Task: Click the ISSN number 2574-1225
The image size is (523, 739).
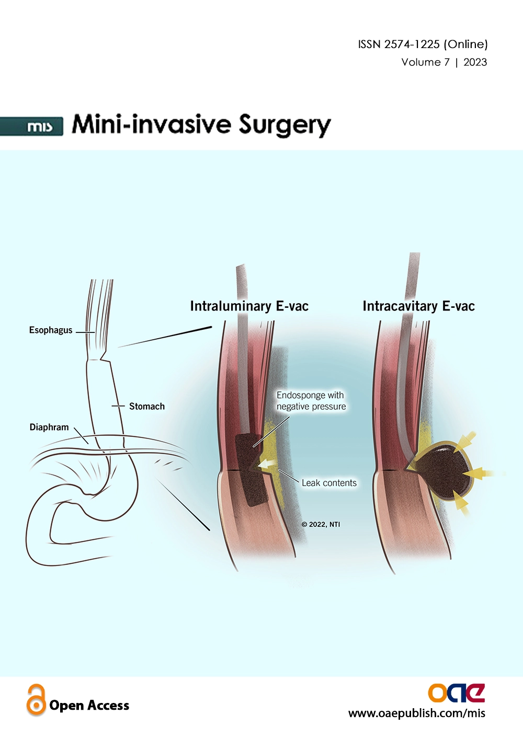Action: pos(412,44)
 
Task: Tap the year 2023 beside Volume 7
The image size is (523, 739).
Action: pos(475,62)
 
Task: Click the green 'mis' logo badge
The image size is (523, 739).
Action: pos(31,126)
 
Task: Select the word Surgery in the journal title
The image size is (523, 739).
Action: pos(285,125)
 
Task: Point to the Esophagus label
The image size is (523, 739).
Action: pos(51,330)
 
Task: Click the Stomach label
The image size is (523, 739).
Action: pos(146,406)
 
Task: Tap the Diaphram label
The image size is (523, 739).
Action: pos(49,427)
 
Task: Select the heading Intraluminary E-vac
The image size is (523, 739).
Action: pos(249,306)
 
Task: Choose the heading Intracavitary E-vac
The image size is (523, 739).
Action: pos(419,306)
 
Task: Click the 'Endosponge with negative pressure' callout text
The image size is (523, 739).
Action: pos(311,400)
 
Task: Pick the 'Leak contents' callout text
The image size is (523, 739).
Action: pos(329,483)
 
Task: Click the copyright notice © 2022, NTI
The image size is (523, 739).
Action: pos(321,524)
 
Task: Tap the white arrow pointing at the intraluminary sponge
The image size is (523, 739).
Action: pos(268,465)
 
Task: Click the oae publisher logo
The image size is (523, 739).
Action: pos(456,693)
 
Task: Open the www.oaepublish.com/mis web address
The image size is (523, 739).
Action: pos(417,713)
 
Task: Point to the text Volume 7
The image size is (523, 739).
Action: pos(426,62)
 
